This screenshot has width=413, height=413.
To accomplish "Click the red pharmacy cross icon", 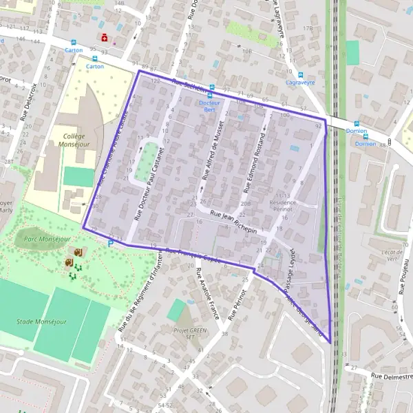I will [105, 37].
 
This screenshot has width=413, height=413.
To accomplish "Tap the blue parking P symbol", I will [110, 242].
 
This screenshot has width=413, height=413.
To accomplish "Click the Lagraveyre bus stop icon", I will [299, 74].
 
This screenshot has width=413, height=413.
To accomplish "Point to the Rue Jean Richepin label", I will [234, 222].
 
